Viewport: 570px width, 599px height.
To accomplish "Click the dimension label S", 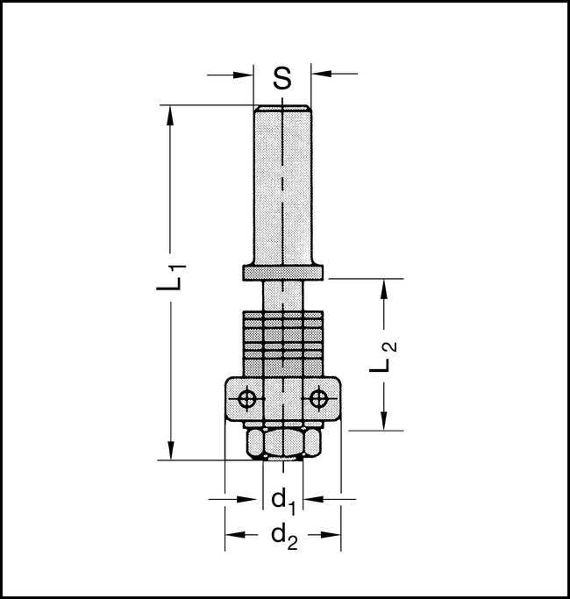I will [281, 78].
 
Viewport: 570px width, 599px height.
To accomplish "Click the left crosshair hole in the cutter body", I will [248, 399].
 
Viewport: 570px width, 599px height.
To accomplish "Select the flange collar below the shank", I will [283, 274].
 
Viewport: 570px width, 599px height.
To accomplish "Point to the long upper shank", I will [282, 184].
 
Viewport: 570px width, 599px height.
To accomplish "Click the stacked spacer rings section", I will [282, 342].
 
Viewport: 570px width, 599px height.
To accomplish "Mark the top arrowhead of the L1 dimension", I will [170, 112].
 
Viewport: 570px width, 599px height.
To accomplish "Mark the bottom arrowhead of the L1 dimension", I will [170, 452].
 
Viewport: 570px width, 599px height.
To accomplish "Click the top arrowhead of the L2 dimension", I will [382, 286].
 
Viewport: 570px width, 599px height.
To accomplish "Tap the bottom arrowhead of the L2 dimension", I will [382, 424].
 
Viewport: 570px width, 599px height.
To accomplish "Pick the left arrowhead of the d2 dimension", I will [232, 534].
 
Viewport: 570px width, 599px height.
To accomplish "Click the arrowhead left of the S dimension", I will [246, 75].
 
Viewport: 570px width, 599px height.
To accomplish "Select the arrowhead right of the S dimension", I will [319, 75].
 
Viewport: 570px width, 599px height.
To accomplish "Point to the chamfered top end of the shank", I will [282, 109].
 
